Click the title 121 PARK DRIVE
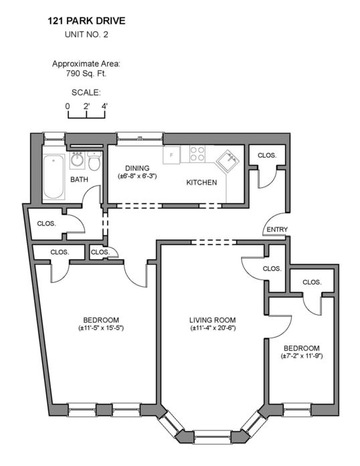(86, 21)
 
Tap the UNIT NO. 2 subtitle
(86, 35)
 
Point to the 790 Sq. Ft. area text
(86, 74)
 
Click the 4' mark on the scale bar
(104, 106)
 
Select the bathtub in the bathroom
(54, 177)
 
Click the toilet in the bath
(94, 160)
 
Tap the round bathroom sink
(78, 160)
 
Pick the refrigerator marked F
(171, 155)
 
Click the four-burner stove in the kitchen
(197, 154)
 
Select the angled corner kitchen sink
(228, 161)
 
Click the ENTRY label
(277, 229)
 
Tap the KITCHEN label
(201, 183)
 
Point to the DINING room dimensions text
(137, 176)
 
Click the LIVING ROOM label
(213, 320)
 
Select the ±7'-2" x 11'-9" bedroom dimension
(302, 356)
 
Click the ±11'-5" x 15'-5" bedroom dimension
(101, 328)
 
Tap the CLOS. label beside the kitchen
(267, 155)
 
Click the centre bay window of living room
(212, 437)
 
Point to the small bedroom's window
(297, 410)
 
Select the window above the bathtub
(54, 138)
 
